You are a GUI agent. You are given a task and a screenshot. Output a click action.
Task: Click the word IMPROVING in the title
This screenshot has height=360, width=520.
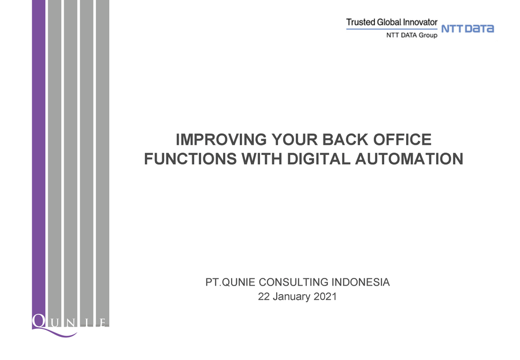coord(221,139)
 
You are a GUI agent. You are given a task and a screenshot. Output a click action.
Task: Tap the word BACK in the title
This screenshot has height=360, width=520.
coord(345,139)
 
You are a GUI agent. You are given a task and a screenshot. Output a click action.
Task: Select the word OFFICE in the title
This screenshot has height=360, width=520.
coord(402,139)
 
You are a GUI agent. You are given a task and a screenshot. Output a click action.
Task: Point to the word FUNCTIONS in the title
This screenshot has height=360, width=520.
coord(190,158)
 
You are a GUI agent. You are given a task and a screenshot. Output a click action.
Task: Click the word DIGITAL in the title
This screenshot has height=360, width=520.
coord(318,158)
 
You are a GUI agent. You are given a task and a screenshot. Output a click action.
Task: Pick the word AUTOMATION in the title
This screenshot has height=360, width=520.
coord(409,158)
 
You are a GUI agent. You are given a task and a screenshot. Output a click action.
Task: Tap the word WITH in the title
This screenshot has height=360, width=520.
coord(262,158)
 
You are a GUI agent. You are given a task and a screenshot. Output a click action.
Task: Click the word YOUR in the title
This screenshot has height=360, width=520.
coord(295,139)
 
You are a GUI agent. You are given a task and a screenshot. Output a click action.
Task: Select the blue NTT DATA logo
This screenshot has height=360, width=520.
coord(467,28)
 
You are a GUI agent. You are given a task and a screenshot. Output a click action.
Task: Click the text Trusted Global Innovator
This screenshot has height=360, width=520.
coord(392,22)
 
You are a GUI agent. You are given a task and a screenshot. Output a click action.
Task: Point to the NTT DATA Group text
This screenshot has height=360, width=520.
coord(412,35)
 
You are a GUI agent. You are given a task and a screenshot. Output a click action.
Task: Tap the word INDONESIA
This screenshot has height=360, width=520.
coord(361,283)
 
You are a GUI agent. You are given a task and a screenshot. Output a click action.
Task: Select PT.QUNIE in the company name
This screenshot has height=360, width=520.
coord(231,283)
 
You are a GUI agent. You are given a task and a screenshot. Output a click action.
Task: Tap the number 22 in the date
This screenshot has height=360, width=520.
coord(263,296)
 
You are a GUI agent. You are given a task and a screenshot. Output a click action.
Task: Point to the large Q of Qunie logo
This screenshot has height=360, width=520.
coord(40,321)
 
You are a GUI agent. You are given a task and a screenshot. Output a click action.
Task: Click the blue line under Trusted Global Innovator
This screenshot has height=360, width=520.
coord(392,29)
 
